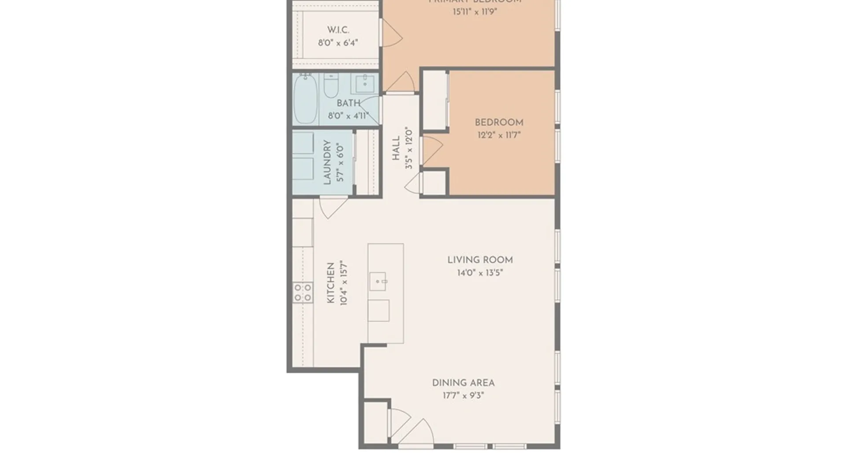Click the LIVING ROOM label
click(x=480, y=260)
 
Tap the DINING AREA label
click(x=463, y=383)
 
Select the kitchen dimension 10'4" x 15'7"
click(x=344, y=283)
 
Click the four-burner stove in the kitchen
click(x=303, y=293)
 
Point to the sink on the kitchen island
click(x=378, y=281)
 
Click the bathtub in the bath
click(x=305, y=99)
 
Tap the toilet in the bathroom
click(x=331, y=86)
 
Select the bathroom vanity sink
click(x=365, y=83)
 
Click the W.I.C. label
click(x=338, y=30)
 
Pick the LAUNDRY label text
click(x=327, y=162)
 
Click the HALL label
click(x=396, y=148)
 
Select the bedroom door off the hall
click(x=431, y=150)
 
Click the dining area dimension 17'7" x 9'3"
click(x=463, y=396)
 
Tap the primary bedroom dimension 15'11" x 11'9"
click(x=475, y=12)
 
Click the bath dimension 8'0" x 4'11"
click(x=348, y=116)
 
